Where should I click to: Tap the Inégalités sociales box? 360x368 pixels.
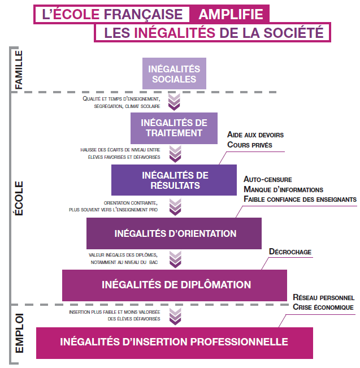pos(174,73)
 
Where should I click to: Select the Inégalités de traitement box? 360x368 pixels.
pos(174,128)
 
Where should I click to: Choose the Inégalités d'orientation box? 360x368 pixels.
pos(175,233)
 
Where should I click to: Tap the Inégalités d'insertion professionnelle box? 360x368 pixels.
pos(174,342)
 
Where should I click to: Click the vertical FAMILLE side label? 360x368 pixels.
pos(19,70)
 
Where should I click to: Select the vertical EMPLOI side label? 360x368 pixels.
pos(19,334)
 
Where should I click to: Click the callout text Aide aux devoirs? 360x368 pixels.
pos(255,135)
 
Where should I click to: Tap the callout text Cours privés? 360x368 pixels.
pos(250,145)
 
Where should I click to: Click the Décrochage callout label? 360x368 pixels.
pos(290,252)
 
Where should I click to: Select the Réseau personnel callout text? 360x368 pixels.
pos(323,297)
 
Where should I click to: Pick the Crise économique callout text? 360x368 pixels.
pos(323,307)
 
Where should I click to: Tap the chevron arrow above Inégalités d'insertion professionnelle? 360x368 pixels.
pos(174,315)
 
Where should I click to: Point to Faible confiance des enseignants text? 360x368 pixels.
pos(300,199)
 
